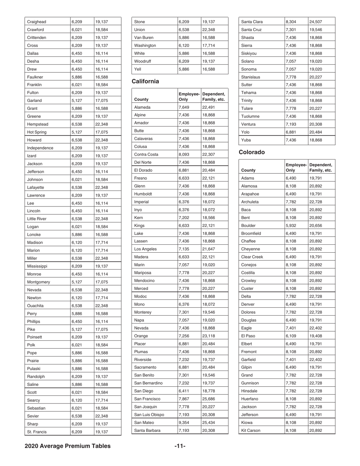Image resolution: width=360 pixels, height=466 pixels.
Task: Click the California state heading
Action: pyautogui.click(x=145, y=81)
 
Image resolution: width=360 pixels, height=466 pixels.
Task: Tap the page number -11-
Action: pyautogui.click(x=180, y=446)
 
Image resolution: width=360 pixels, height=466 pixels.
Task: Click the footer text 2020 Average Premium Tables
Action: pyautogui.click(x=68, y=446)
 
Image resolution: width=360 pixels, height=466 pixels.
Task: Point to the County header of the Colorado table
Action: pyautogui.click(x=249, y=170)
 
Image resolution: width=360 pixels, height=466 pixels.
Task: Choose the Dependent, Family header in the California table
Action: pyautogui.click(x=214, y=97)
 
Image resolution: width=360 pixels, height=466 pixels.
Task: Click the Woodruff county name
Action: pyautogui.click(x=143, y=61)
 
